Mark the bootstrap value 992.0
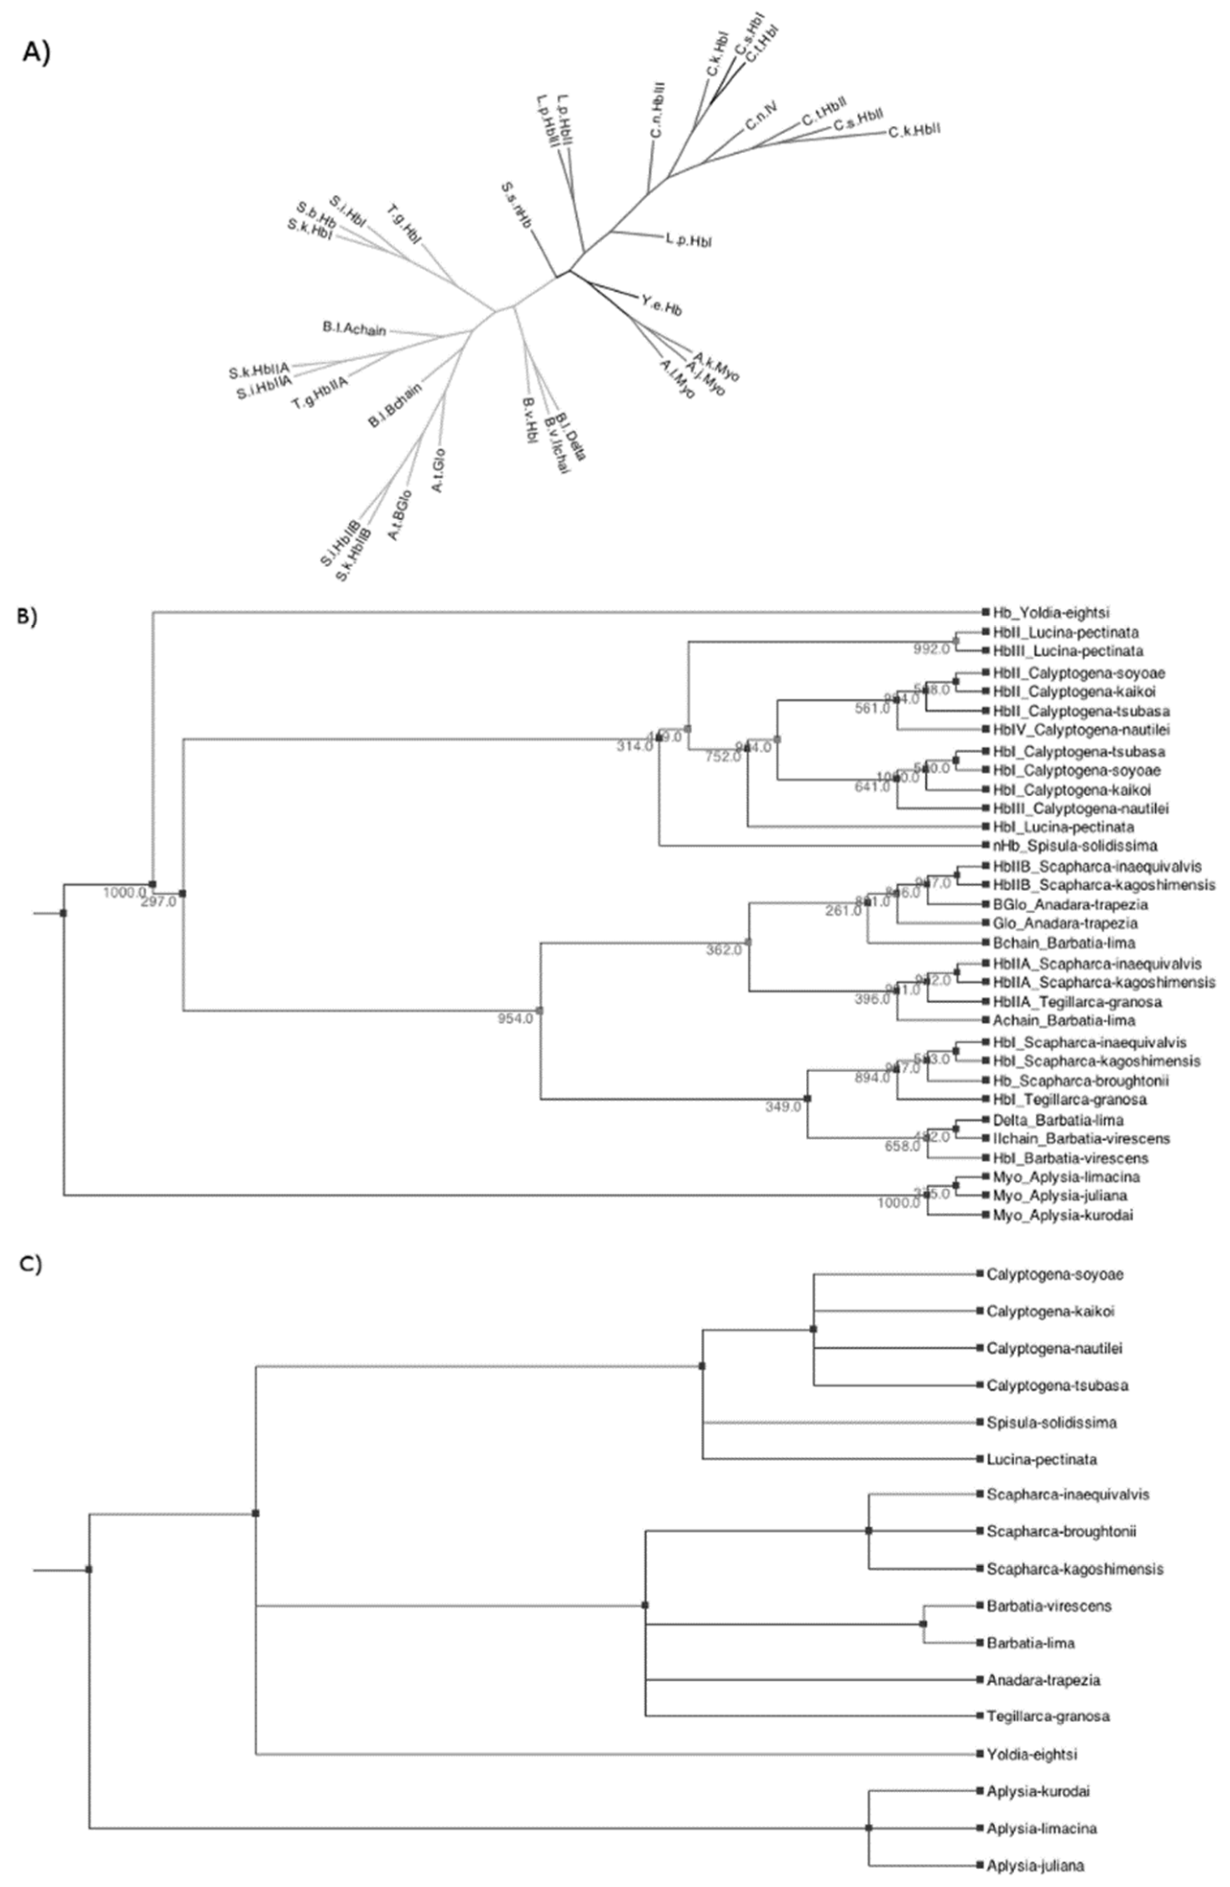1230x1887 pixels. (x=931, y=649)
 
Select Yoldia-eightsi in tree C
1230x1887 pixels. (x=1032, y=1755)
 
